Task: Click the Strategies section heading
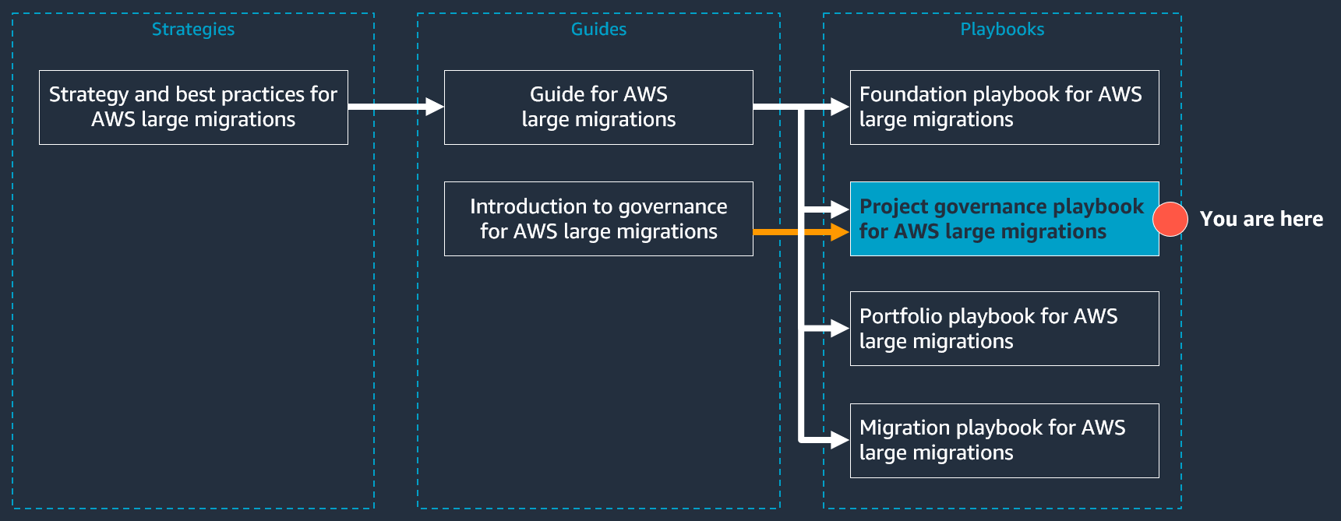click(x=192, y=30)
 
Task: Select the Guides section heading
click(x=598, y=30)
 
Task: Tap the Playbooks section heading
click(x=1002, y=30)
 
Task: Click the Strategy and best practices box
click(x=193, y=107)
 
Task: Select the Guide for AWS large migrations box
click(x=598, y=107)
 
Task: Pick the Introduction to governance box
click(x=598, y=219)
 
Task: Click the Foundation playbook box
click(x=1004, y=107)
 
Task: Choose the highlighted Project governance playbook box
click(x=1004, y=219)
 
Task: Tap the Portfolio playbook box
click(x=1004, y=329)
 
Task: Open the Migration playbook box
click(x=1004, y=441)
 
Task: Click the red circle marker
click(x=1170, y=219)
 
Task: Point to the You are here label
click(x=1261, y=219)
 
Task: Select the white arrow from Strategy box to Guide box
click(x=395, y=107)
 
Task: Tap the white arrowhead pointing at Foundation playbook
click(x=840, y=107)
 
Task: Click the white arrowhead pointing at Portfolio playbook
click(x=840, y=329)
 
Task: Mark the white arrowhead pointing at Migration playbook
click(x=840, y=441)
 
